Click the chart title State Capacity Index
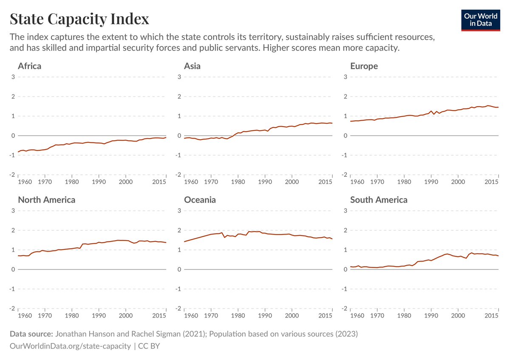click(x=79, y=19)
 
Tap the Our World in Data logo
click(x=481, y=20)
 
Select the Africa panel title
click(x=30, y=66)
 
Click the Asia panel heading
click(x=192, y=66)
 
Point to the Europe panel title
click(x=364, y=66)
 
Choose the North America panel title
click(x=47, y=200)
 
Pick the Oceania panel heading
click(x=200, y=200)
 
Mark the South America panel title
click(x=379, y=200)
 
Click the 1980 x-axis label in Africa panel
click(x=72, y=182)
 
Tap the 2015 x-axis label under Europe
click(x=491, y=182)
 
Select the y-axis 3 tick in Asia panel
click(x=179, y=77)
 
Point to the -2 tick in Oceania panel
click(x=178, y=308)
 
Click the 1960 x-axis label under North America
click(x=25, y=315)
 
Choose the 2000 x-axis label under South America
click(x=458, y=315)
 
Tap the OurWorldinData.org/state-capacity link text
click(x=70, y=346)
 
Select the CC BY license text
click(x=149, y=346)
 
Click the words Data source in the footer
click(x=31, y=334)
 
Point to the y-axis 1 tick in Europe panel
click(x=346, y=116)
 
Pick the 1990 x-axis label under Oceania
click(x=265, y=315)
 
